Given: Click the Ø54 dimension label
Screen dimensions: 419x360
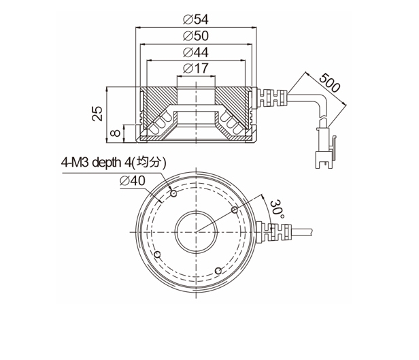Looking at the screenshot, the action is tap(196, 19).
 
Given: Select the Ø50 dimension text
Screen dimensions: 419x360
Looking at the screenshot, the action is tap(196, 36).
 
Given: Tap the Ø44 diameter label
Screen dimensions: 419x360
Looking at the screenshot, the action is tap(196, 52).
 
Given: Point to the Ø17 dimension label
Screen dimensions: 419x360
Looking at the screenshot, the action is tap(196, 68).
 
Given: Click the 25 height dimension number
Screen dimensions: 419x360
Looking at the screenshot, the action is tap(97, 114).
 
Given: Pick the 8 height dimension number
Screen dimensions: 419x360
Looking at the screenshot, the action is tap(116, 133).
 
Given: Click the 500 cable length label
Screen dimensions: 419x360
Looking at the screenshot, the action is tap(330, 83).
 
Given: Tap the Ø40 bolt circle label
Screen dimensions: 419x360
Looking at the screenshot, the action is tap(133, 181).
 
